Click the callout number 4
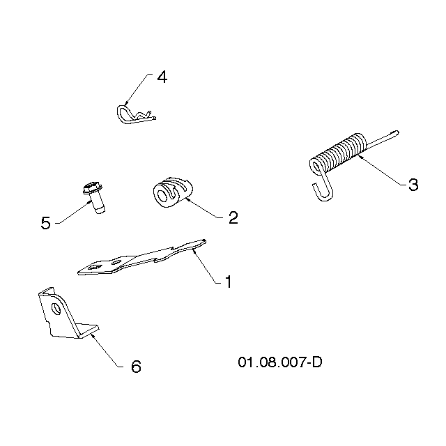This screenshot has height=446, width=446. (x=162, y=77)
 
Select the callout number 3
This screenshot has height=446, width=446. (x=413, y=185)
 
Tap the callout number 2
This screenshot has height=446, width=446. (x=233, y=217)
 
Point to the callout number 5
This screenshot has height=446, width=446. (x=46, y=223)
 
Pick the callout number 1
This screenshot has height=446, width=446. (x=229, y=282)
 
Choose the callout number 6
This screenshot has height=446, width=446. (x=136, y=367)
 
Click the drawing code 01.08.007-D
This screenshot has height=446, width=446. (x=280, y=362)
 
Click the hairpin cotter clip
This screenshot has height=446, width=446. (x=136, y=114)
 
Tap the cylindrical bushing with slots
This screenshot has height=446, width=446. (x=173, y=192)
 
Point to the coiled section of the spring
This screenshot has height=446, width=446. (x=339, y=152)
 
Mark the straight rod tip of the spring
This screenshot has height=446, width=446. (x=397, y=133)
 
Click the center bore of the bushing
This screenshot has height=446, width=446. (x=163, y=195)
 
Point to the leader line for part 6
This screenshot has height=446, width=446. (x=107, y=351)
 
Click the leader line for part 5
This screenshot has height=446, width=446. (x=73, y=212)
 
